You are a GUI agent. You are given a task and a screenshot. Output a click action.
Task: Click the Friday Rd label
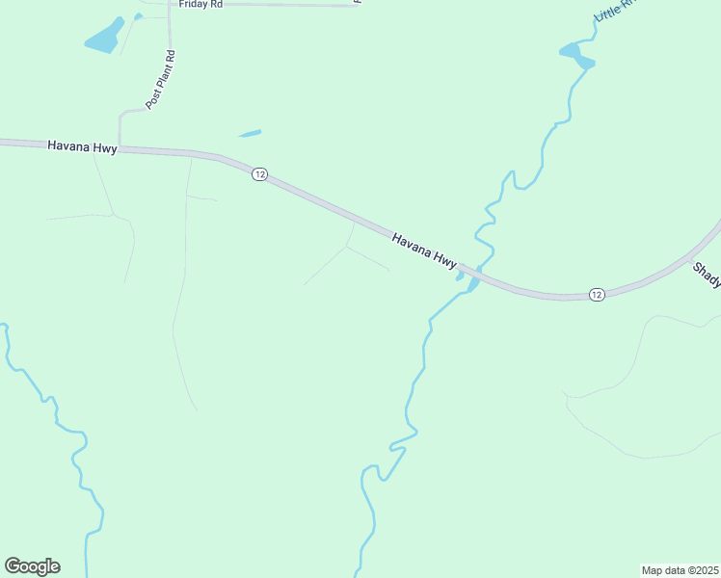[200, 4]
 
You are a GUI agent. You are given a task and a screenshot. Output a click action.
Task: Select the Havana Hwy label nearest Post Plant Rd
[82, 146]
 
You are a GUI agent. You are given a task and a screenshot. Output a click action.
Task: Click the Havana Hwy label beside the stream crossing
[424, 248]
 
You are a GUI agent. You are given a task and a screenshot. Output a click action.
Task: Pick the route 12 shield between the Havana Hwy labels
[259, 174]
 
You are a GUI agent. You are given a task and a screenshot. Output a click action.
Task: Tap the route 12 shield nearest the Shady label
[597, 294]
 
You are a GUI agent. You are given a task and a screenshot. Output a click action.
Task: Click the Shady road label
[707, 275]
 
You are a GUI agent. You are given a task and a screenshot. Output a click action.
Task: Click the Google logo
[32, 566]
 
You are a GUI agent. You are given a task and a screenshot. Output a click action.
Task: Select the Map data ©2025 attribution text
[680, 570]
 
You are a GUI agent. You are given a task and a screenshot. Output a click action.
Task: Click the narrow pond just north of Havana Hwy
[249, 133]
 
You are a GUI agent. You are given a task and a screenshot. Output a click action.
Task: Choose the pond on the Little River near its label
[575, 54]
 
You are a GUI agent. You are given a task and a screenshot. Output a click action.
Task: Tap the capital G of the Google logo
[13, 566]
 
